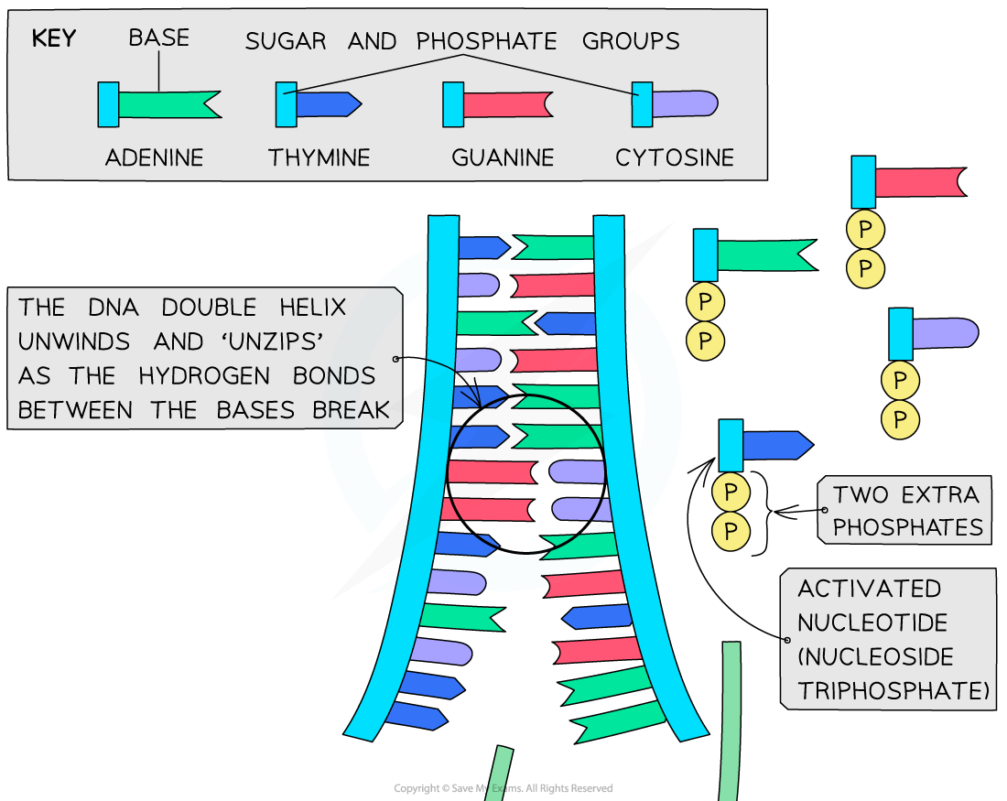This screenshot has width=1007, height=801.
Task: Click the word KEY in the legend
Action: tap(53, 38)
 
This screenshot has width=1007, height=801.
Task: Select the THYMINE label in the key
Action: tap(319, 157)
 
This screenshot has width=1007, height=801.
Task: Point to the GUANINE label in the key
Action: tap(503, 157)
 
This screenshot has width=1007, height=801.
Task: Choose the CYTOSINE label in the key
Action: tap(675, 157)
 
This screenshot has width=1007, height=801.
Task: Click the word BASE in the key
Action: tap(158, 38)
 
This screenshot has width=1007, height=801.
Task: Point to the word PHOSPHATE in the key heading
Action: tap(486, 41)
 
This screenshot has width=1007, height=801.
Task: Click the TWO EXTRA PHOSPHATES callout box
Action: tap(905, 511)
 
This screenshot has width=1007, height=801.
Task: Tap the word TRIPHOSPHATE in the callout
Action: tap(893, 690)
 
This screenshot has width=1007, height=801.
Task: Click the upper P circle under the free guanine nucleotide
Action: tap(865, 229)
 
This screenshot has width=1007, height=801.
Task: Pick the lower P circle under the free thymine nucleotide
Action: tap(731, 531)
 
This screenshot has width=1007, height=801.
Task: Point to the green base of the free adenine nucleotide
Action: tap(765, 255)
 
